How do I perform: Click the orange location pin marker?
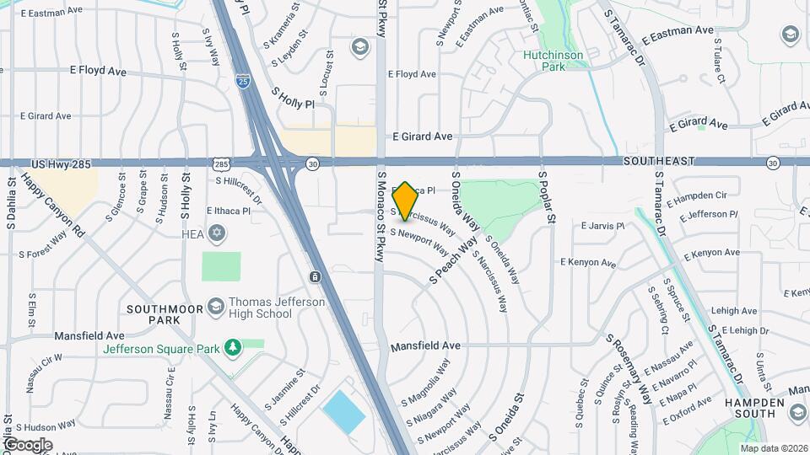pos(405,201)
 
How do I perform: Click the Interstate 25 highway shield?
pos(243,83)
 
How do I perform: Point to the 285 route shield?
pos(220,163)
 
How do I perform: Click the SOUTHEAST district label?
pos(659,161)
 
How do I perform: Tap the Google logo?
pos(27,444)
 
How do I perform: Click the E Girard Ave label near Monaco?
pos(422,136)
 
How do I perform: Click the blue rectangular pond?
pos(343,412)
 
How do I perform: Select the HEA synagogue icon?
pos(218,233)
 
